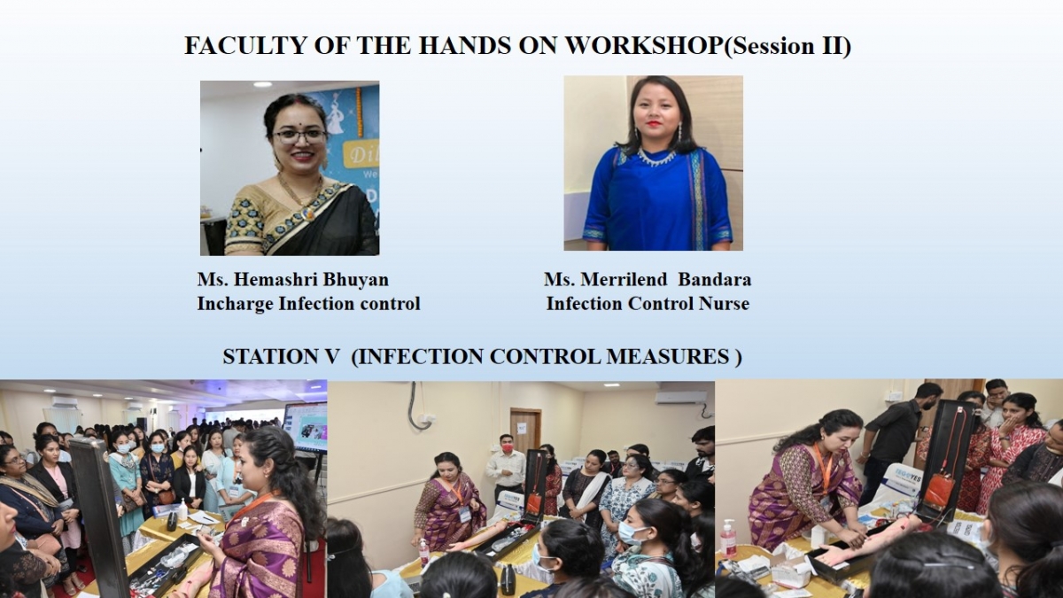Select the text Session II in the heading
pyautogui.click(x=786, y=46)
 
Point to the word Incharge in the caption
pyautogui.click(x=235, y=304)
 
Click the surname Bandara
pyautogui.click(x=715, y=279)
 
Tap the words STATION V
pyautogui.click(x=281, y=357)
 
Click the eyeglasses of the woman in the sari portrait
pyautogui.click(x=299, y=136)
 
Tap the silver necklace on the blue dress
pyautogui.click(x=657, y=156)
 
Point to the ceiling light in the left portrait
pyautogui.click(x=262, y=84)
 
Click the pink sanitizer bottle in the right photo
pyautogui.click(x=728, y=539)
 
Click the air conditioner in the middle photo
pyautogui.click(x=682, y=397)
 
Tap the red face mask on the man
pyautogui.click(x=508, y=447)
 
